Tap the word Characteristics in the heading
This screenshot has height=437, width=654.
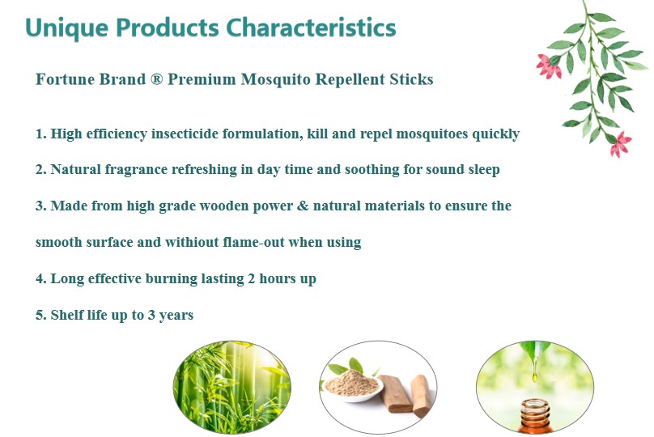click(311, 28)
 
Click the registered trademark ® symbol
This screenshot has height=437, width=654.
click(156, 78)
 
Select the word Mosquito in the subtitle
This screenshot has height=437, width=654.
click(275, 79)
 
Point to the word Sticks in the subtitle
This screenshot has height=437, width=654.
click(411, 78)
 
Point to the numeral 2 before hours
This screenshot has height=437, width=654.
click(251, 278)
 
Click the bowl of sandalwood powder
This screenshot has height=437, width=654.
click(352, 384)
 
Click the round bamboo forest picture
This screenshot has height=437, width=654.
click(232, 387)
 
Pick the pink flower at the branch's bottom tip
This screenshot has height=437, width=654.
click(620, 144)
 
